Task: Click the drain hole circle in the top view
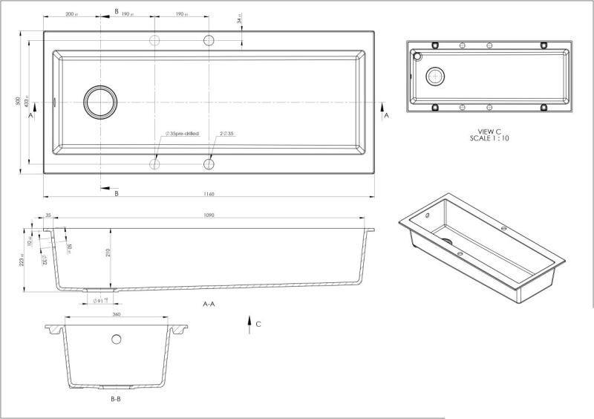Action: coord(100,102)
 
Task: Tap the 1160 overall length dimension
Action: coord(208,195)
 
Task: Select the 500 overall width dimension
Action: coord(19,102)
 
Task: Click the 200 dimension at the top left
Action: coord(71,14)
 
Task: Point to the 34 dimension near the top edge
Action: coord(239,20)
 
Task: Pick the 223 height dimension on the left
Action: coord(23,258)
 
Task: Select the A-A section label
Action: coord(209,305)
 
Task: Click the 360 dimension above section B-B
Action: coord(116,314)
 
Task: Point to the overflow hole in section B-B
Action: coord(116,340)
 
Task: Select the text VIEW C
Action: coord(490,131)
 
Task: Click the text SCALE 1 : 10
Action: coord(490,138)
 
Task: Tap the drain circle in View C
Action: coord(435,75)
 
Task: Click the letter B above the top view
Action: coord(116,12)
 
